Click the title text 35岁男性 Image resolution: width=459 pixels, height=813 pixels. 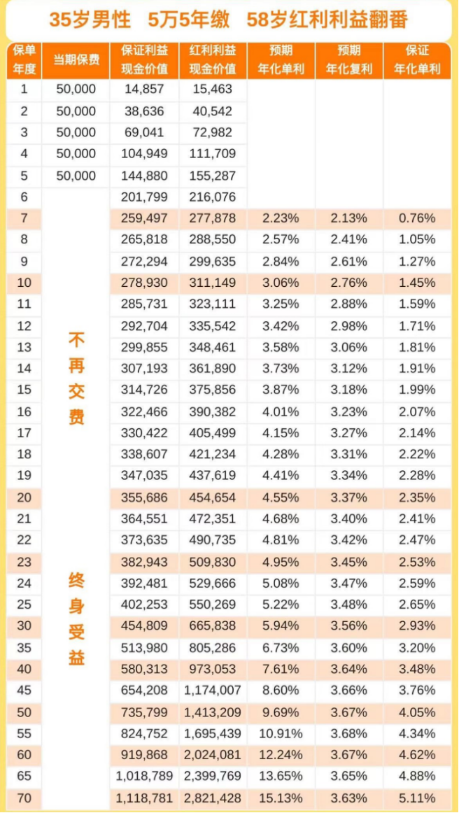90,20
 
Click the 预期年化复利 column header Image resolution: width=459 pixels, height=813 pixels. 349,60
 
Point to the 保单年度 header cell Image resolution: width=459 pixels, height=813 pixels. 24,60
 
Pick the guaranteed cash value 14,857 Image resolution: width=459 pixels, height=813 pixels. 144,90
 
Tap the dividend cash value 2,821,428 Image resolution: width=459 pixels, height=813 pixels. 213,798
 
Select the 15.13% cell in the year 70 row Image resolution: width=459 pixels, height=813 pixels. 281,798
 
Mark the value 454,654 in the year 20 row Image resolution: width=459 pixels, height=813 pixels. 213,499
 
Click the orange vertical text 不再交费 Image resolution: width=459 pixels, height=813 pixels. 76,379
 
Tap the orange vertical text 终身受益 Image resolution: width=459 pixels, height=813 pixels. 76,618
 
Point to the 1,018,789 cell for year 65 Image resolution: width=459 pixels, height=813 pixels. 144,776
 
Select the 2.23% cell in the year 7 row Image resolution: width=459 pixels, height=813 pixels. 281,218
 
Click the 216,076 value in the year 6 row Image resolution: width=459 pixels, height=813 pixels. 213,197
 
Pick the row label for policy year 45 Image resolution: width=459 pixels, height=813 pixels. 24,691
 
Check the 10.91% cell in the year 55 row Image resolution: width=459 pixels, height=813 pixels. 281,733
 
